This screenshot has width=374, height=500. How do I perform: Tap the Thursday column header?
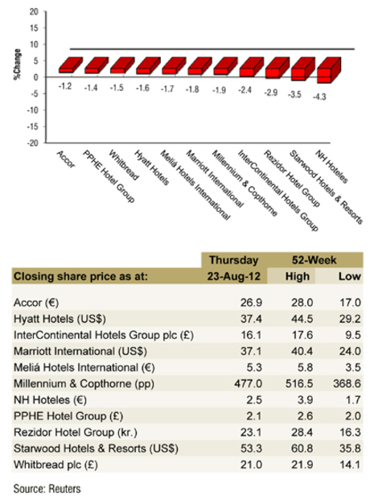pyautogui.click(x=232, y=260)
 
